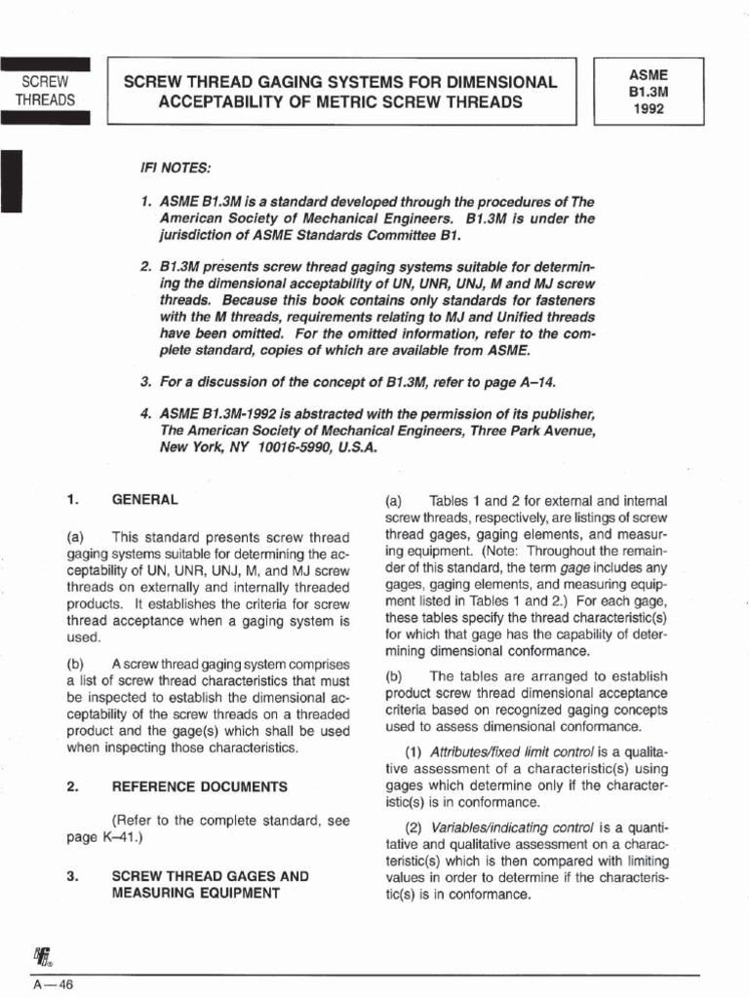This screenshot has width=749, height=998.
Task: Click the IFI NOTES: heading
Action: coord(177,169)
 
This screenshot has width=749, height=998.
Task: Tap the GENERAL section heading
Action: coord(145,499)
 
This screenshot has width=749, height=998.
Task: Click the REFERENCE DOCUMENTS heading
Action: coord(200,786)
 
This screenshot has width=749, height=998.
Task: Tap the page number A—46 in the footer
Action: coord(54,984)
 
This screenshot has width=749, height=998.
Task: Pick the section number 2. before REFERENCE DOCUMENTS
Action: coord(72,786)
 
